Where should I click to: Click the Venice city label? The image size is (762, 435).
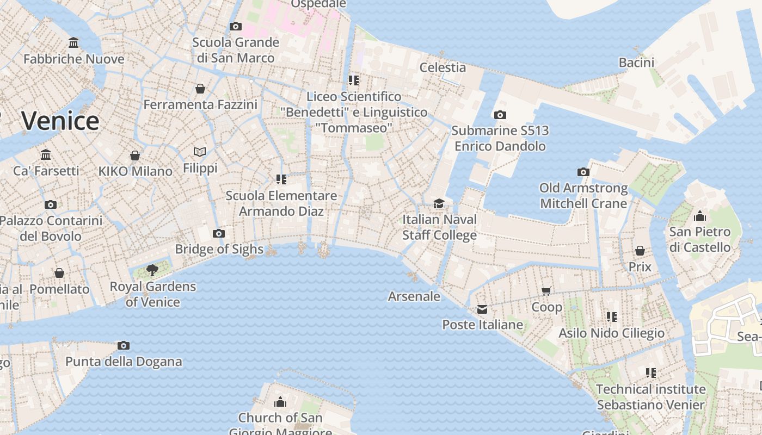click(x=60, y=121)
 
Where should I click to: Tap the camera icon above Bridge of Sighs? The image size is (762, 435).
click(x=219, y=234)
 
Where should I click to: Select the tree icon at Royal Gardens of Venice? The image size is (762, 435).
click(x=153, y=270)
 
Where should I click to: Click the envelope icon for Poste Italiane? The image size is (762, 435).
click(x=482, y=309)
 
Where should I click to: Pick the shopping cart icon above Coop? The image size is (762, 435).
click(x=546, y=291)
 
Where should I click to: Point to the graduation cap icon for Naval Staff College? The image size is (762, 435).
click(x=439, y=203)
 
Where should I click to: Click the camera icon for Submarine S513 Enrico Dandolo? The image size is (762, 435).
click(x=500, y=115)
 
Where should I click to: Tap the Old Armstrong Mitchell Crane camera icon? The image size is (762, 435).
click(x=583, y=172)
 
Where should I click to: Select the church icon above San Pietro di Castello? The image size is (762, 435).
click(x=700, y=216)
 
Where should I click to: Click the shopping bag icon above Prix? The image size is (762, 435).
click(x=640, y=251)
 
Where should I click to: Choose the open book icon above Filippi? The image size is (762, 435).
click(x=200, y=152)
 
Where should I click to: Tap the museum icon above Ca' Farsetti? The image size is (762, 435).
click(x=46, y=154)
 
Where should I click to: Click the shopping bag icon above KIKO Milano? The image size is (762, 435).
click(x=135, y=156)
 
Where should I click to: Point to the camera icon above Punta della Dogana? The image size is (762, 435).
click(x=124, y=346)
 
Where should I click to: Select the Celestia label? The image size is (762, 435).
click(x=443, y=67)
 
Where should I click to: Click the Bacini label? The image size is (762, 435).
click(x=636, y=63)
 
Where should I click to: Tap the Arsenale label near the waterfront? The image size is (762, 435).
click(x=414, y=296)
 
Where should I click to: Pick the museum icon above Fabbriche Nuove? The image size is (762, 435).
click(x=73, y=43)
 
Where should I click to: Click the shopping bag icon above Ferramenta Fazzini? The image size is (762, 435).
click(x=200, y=88)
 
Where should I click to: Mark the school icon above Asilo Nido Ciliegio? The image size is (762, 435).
click(x=612, y=316)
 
